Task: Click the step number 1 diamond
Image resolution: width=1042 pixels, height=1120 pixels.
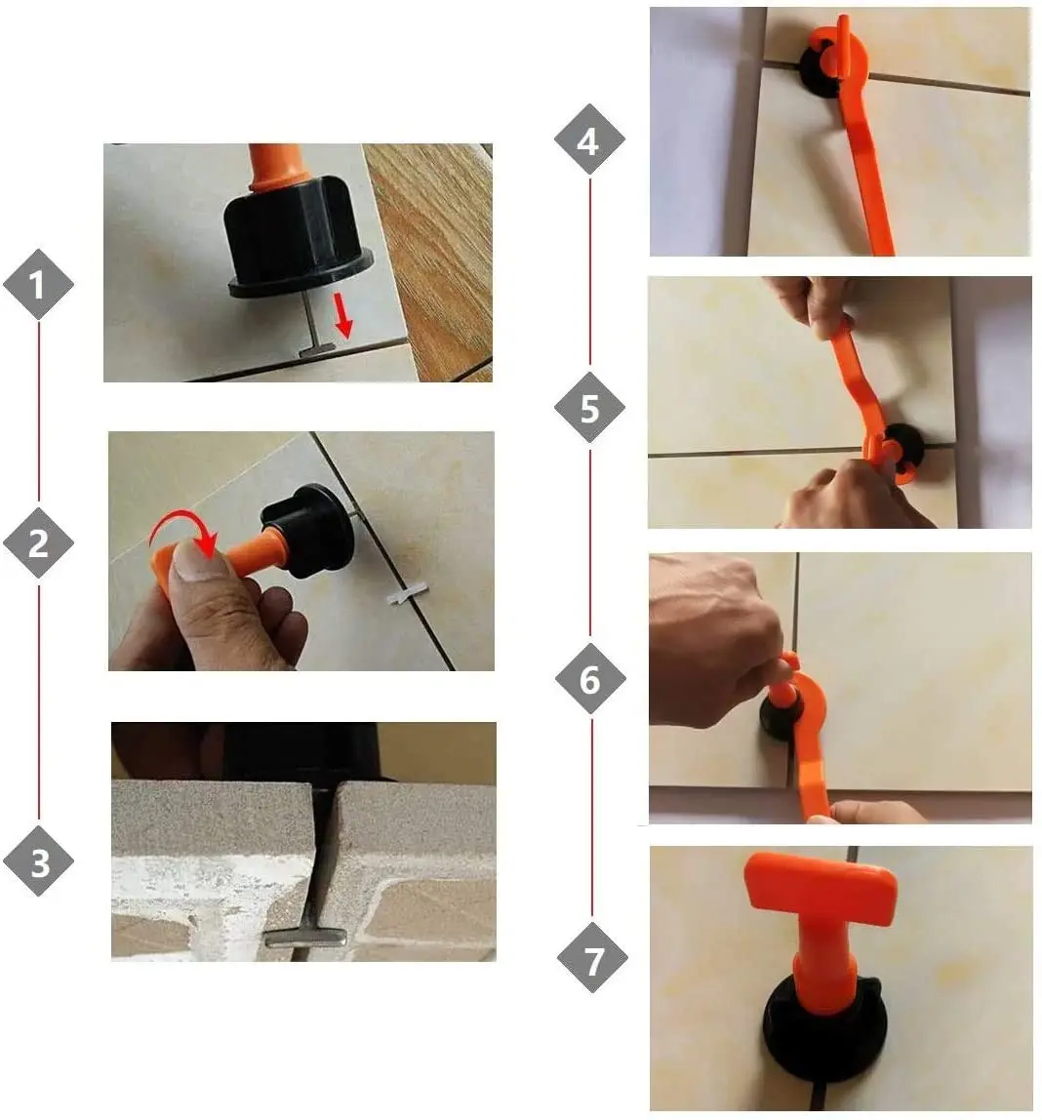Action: click(38, 285)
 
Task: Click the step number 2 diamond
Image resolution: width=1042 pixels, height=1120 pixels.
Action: click(38, 542)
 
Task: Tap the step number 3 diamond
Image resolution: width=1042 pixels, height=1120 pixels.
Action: click(39, 861)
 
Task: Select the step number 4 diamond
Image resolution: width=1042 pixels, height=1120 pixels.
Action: click(589, 140)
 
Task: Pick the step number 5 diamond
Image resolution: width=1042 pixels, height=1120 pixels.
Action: click(589, 407)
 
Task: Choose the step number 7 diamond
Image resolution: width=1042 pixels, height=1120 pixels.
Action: click(592, 959)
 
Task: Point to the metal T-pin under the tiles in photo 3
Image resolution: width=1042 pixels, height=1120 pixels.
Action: click(306, 937)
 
